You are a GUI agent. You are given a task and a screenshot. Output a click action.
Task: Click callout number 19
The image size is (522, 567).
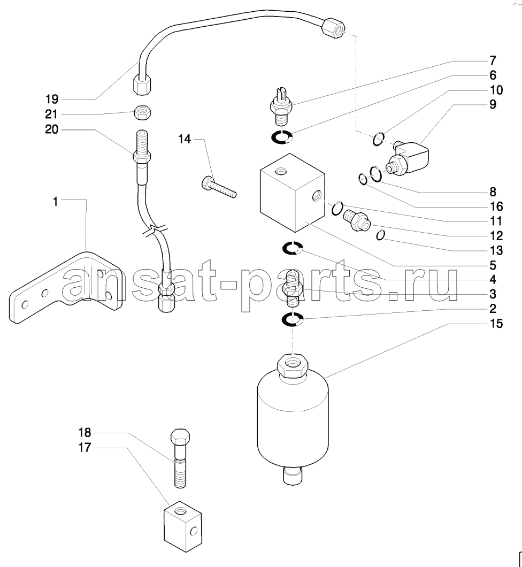click(52, 99)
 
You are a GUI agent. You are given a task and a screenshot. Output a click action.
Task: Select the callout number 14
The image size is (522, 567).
click(185, 139)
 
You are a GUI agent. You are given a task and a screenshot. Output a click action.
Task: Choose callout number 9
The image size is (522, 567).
click(492, 104)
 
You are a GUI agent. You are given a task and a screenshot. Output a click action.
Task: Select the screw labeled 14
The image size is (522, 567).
click(219, 188)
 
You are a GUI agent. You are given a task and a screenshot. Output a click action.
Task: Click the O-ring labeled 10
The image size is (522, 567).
click(378, 140)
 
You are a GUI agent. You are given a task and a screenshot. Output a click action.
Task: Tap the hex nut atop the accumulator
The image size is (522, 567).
click(292, 367)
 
